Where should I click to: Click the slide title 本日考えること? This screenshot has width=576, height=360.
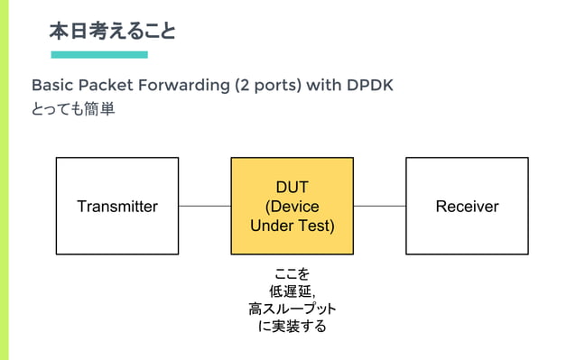(x=112, y=32)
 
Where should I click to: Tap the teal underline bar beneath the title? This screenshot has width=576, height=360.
(x=99, y=55)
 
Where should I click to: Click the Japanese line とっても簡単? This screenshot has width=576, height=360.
(x=72, y=110)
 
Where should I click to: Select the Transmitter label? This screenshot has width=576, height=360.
(x=116, y=207)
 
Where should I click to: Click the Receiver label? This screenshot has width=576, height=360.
(x=467, y=207)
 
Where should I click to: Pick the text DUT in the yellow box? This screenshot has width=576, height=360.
(x=292, y=188)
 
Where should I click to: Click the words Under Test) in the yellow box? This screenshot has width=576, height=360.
(x=292, y=226)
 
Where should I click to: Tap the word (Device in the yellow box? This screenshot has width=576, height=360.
(x=292, y=207)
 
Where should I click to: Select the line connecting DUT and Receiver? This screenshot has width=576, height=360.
(x=379, y=207)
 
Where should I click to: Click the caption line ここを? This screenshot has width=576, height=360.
(x=292, y=273)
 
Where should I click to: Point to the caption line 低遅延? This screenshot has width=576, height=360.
(x=292, y=291)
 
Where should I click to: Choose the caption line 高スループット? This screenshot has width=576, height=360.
(x=292, y=309)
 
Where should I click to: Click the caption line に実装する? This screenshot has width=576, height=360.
(x=292, y=327)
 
